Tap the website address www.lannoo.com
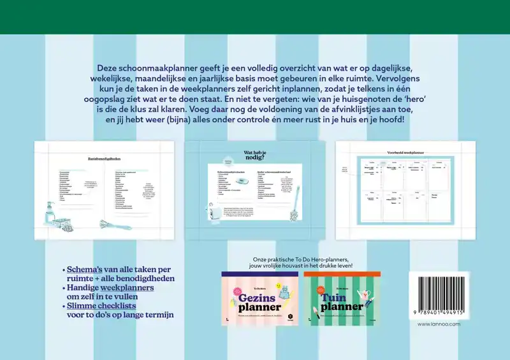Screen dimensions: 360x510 [x=439, y=324]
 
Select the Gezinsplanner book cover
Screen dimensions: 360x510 [x=259, y=299]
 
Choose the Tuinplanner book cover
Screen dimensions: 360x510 [x=342, y=299]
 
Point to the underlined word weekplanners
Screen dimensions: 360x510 [x=127, y=287]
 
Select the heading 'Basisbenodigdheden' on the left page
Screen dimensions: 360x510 [x=105, y=159]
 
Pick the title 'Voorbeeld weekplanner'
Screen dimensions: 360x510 [x=405, y=154]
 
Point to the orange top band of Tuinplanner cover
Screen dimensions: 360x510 [x=342, y=274]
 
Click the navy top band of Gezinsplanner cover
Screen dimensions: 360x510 [x=259, y=274]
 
